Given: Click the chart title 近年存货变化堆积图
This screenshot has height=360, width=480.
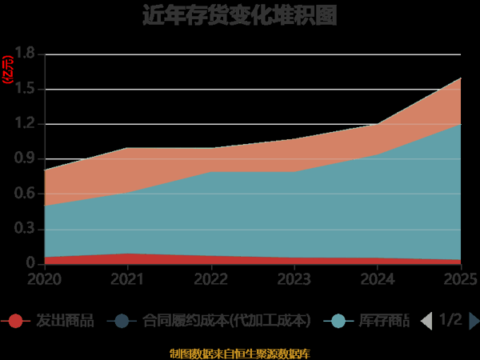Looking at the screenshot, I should pos(239,15).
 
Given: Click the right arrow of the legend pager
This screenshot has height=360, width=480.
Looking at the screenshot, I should pos(474,321).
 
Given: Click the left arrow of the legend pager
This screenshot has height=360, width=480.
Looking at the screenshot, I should pos(426,321).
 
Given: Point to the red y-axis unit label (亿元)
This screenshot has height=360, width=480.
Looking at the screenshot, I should pos(7,70).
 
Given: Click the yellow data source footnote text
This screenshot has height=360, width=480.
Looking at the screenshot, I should pos(239,353).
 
